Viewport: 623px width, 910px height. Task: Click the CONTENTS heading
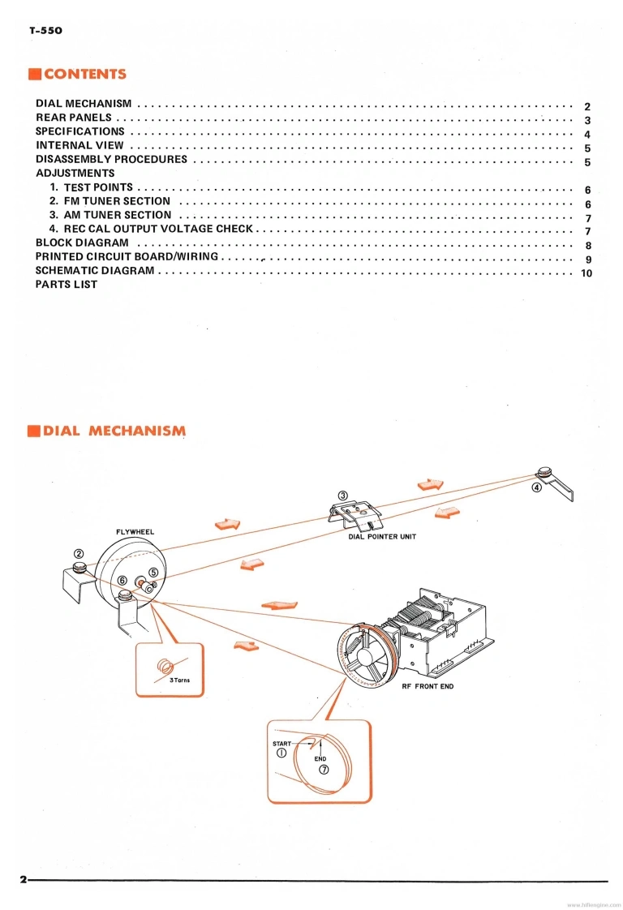pos(84,75)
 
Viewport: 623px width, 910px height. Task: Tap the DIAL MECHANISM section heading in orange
pos(114,431)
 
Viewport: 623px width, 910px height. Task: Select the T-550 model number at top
pos(45,31)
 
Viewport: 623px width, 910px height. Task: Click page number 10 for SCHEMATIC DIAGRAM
pos(586,273)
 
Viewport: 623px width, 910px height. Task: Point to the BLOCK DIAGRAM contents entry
pos(82,243)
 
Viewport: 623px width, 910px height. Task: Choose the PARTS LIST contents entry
pos(67,285)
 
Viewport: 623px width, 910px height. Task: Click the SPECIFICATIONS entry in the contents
pos(80,131)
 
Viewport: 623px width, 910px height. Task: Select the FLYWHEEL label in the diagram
pos(135,532)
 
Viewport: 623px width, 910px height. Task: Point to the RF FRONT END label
pos(428,687)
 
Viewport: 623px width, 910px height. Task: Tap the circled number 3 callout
pos(342,495)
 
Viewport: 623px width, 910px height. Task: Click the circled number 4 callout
pos(536,488)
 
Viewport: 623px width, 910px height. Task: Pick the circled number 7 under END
pos(323,770)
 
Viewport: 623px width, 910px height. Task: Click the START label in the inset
pos(281,742)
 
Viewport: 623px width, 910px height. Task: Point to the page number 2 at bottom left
pos(24,880)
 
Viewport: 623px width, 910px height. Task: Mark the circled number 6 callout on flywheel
pos(122,581)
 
